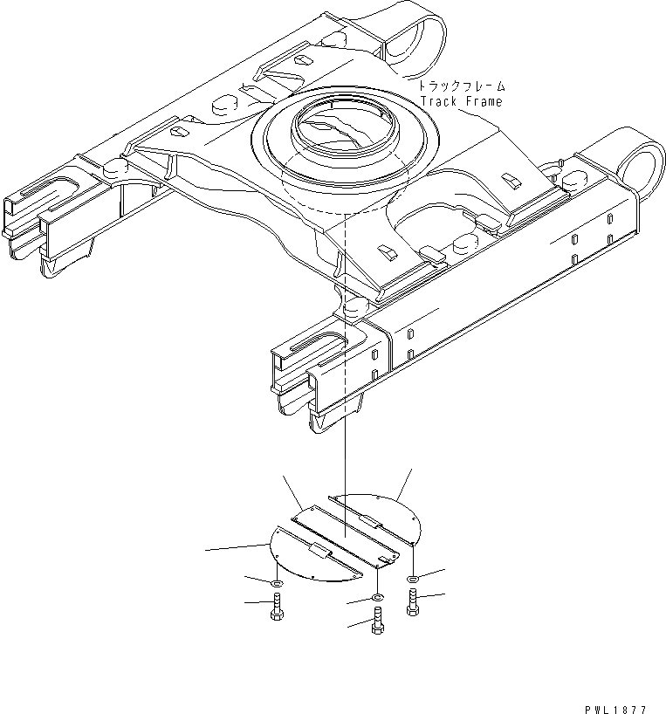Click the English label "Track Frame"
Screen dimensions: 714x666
tap(462, 101)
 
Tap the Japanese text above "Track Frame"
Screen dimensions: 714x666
tap(462, 87)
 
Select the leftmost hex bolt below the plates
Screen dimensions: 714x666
tap(276, 607)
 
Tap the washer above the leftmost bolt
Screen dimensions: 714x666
tap(276, 582)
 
